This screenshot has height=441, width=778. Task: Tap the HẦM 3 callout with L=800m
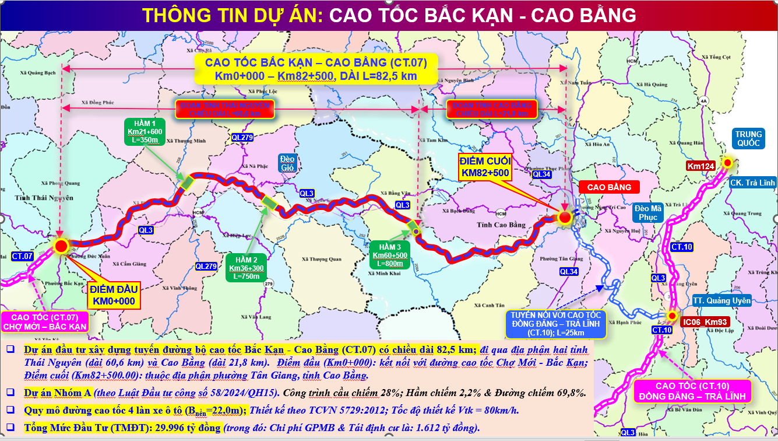[390, 255]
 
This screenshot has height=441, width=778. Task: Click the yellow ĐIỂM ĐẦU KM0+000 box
[112, 296]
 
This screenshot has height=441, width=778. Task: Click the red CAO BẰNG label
[609, 187]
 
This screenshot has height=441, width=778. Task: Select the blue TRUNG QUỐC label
[747, 139]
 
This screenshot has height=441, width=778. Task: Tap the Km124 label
[700, 166]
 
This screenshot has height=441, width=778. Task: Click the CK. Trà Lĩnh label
[752, 183]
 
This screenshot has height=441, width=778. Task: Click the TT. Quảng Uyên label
[721, 301]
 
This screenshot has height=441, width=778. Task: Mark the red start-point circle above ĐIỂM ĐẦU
[61, 246]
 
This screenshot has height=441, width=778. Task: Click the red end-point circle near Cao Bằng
[565, 218]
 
